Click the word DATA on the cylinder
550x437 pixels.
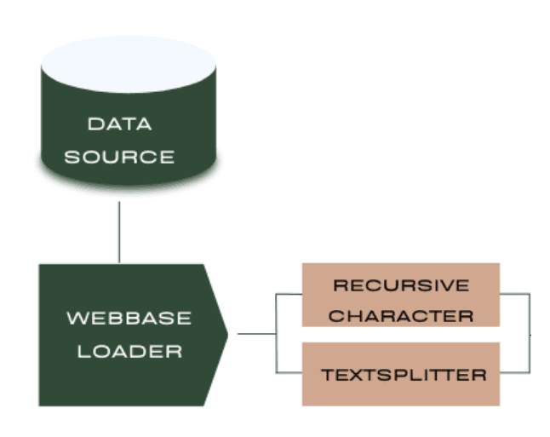pyautogui.click(x=119, y=124)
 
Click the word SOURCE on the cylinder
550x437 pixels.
pyautogui.click(x=120, y=158)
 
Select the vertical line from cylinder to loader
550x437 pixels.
pyautogui.click(x=119, y=232)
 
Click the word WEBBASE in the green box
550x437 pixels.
pyautogui.click(x=129, y=319)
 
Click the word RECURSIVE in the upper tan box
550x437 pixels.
pyautogui.click(x=401, y=284)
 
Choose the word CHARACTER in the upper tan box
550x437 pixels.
pyautogui.click(x=401, y=316)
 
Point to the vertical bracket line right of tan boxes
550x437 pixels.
pyautogui.click(x=530, y=333)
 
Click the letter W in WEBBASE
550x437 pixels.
pyautogui.click(x=75, y=319)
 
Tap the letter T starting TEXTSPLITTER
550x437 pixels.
pyautogui.click(x=325, y=374)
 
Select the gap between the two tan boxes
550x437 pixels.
pyautogui.click(x=401, y=335)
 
